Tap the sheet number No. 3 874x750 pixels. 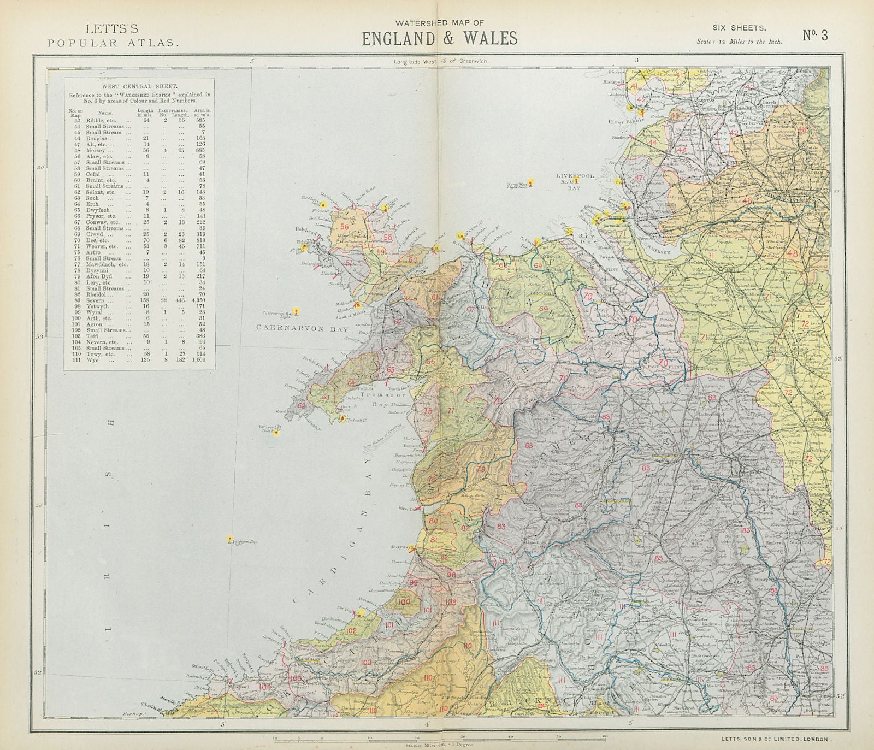[x=815, y=36]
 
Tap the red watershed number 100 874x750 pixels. [x=405, y=602]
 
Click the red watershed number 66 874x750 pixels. [x=430, y=361]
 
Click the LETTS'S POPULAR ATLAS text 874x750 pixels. [x=113, y=35]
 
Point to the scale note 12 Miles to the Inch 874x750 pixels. [x=739, y=42]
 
